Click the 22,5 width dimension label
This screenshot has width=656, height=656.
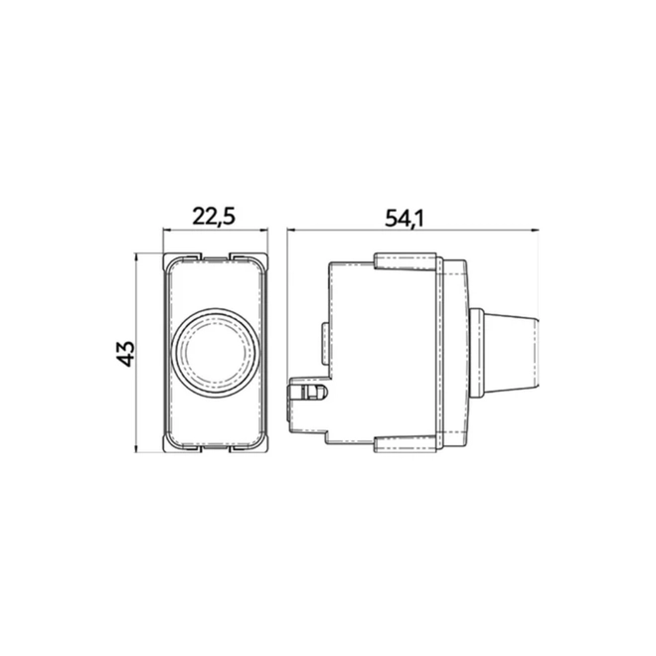pos(214,217)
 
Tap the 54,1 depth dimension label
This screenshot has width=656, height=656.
pos(405,218)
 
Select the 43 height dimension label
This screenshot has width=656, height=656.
pos(126,354)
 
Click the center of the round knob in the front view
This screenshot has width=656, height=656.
pos(215,353)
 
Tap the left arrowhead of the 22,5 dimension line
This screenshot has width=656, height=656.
pos(166,230)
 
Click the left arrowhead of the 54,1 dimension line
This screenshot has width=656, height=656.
pos(291,230)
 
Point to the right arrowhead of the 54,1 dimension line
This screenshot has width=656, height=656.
pos(535,230)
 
